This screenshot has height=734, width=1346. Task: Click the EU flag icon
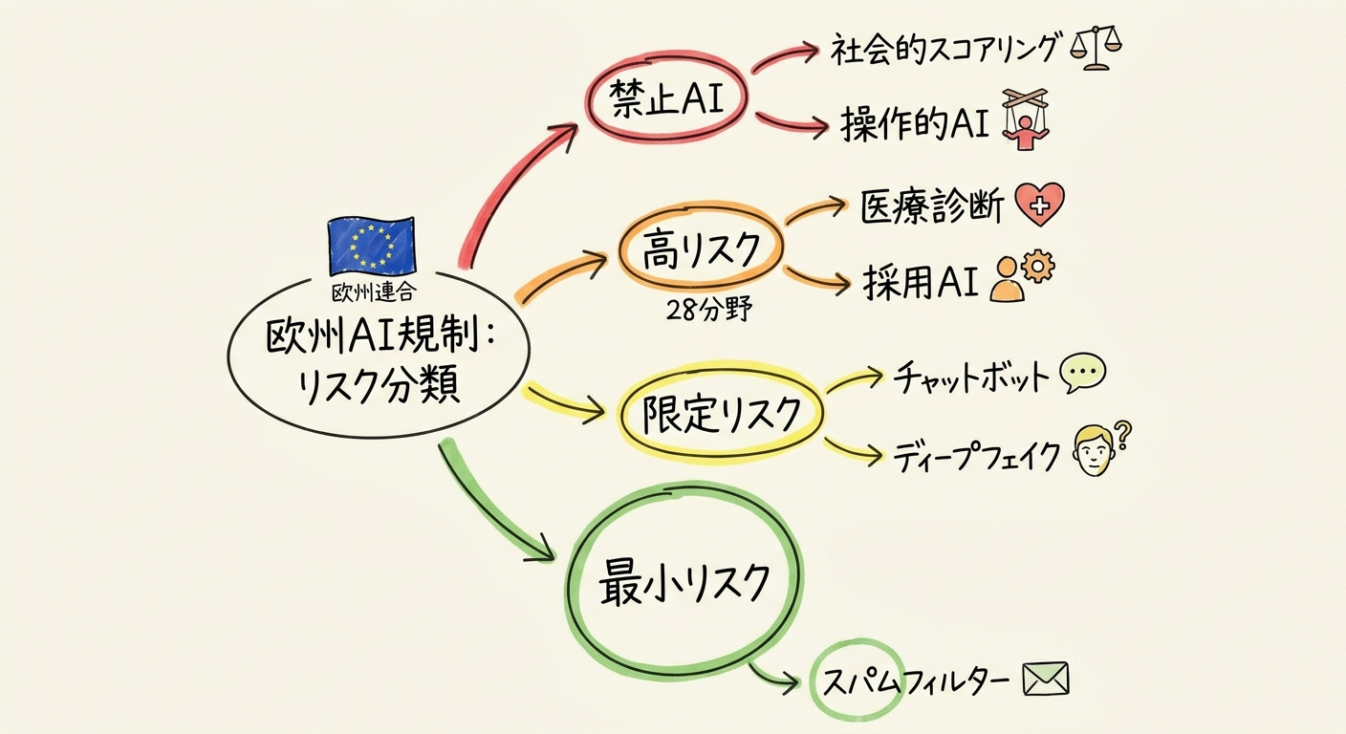[x=371, y=246]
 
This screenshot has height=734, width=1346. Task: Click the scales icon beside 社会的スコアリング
[x=1096, y=47]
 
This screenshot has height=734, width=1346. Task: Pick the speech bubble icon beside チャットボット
[x=1083, y=374]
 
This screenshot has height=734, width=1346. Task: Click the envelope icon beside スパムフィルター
[x=1045, y=680]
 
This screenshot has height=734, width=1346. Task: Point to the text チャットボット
[x=971, y=378]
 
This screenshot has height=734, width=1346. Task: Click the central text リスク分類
[x=379, y=385]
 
